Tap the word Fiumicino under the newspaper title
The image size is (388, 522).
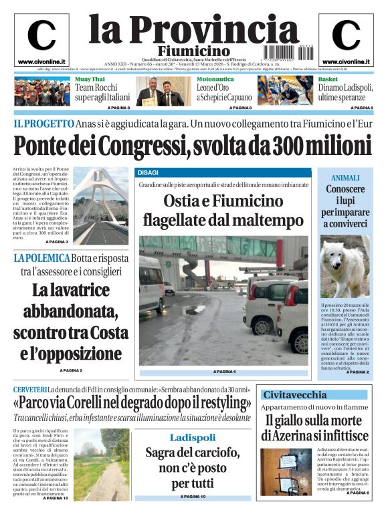193,51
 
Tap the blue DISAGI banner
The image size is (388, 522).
223,173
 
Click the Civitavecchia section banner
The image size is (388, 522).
315,395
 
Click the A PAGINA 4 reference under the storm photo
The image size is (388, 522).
225,372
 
